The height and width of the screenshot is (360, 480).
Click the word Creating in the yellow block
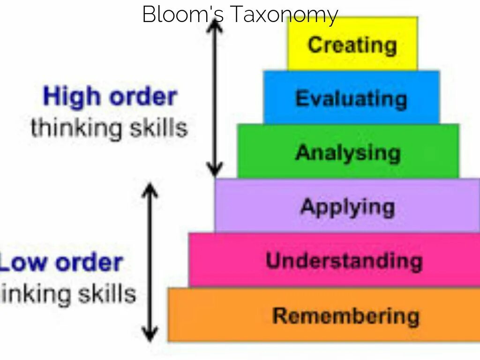[x=352, y=45]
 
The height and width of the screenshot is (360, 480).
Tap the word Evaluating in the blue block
[x=351, y=99]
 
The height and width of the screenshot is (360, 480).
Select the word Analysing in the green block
[x=348, y=153]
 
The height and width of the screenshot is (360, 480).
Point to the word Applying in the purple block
[x=347, y=207]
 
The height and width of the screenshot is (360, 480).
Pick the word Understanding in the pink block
[x=344, y=261]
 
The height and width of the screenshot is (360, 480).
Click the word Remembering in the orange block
[x=345, y=315]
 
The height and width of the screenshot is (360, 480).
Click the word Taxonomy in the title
[x=284, y=15]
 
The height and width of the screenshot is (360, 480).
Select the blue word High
[x=72, y=97]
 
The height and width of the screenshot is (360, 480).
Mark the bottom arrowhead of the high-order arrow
[x=215, y=171]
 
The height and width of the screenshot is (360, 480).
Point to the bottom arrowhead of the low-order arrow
[x=150, y=335]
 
